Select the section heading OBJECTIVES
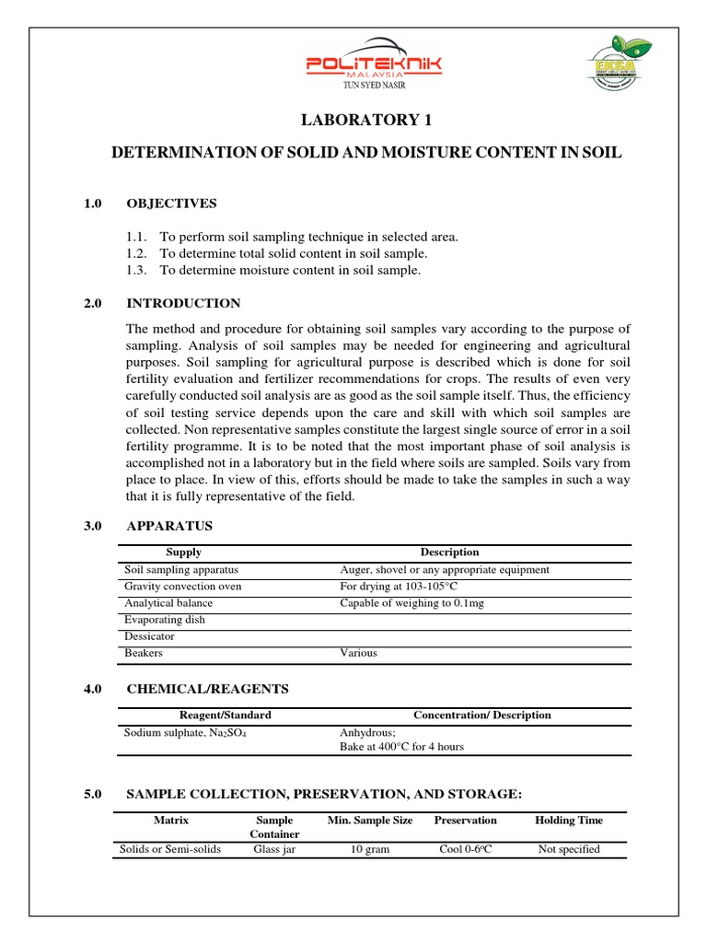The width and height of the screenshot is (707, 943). coord(171,204)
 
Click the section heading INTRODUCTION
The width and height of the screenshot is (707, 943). coord(183,303)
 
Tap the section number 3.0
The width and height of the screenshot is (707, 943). coord(95,526)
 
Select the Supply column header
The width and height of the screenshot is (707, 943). coord(183,553)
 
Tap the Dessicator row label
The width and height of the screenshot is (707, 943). coord(149,636)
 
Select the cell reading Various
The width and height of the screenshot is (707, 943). coord(359,653)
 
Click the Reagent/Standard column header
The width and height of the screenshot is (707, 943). coord(226,715)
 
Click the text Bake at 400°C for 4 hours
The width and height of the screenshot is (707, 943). coord(401,747)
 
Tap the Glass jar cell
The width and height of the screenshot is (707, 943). coord(274,849)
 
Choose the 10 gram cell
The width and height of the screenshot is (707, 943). coord(370,849)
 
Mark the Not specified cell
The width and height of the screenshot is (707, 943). coord(569,849)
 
